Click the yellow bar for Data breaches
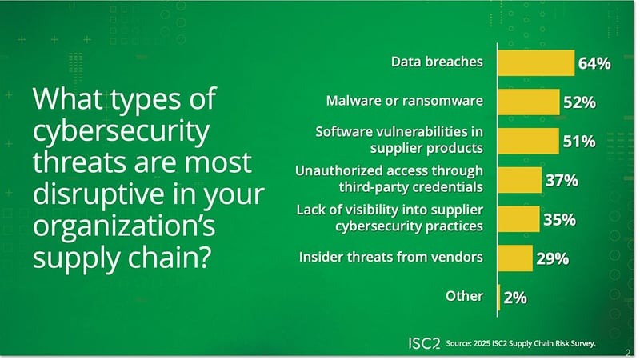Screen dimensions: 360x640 [x=536, y=62]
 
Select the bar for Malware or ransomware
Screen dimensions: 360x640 [x=529, y=102]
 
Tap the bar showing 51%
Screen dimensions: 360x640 [x=528, y=141]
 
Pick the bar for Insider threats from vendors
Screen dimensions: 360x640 [x=515, y=258]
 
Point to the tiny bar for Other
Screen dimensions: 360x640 [x=499, y=297]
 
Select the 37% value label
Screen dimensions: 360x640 [x=561, y=180]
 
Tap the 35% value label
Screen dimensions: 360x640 [x=558, y=219]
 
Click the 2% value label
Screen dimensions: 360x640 [x=515, y=298]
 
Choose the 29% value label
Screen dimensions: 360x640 [x=552, y=258]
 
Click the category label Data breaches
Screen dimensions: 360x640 [x=437, y=62]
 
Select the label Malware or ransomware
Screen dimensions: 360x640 [x=405, y=101]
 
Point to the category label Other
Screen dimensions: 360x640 [x=464, y=296]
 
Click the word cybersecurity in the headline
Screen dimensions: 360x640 [x=119, y=131]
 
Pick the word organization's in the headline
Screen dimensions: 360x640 [x=121, y=224]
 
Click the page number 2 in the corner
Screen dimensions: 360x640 [x=626, y=350]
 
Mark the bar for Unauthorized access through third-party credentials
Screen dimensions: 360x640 [x=520, y=180]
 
